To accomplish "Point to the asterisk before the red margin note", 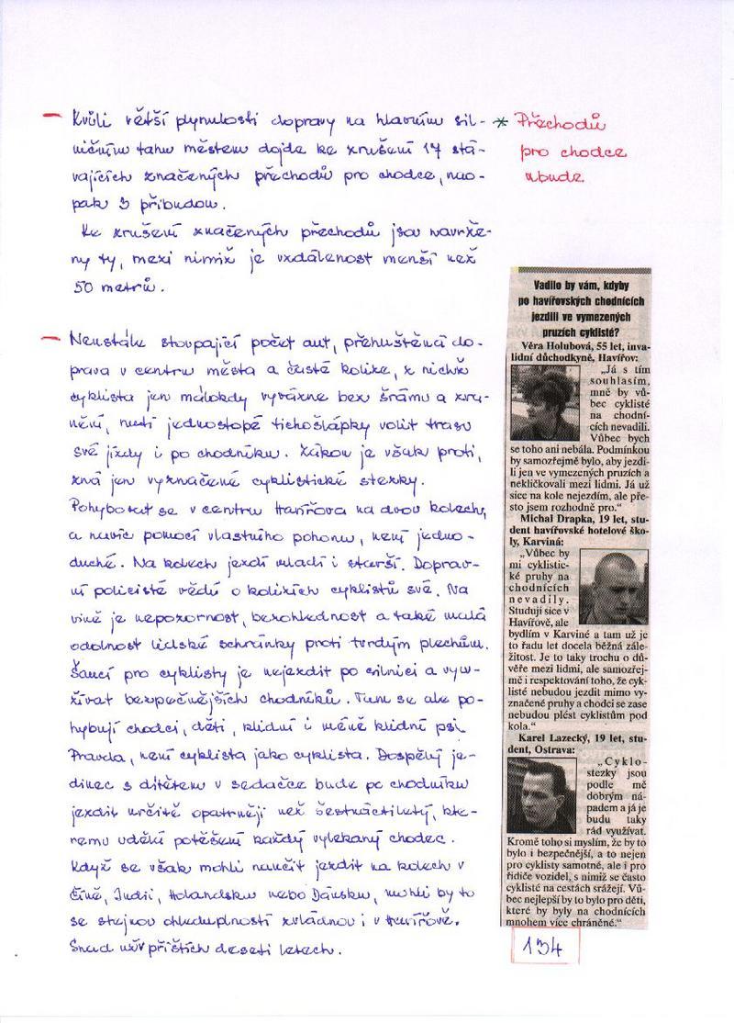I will [x=501, y=123].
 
